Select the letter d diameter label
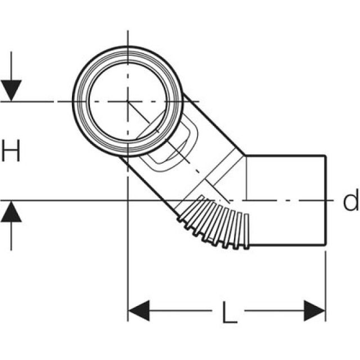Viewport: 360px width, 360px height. [350, 201]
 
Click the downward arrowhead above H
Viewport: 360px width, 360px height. [11, 91]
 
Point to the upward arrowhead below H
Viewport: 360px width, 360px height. [11, 211]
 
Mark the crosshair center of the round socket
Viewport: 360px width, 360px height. [128, 102]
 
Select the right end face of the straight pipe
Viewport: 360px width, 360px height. [326, 200]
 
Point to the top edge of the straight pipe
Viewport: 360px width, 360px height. [287, 155]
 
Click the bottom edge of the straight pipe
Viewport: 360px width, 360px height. [287, 246]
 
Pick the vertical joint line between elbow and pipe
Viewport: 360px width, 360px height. [246, 180]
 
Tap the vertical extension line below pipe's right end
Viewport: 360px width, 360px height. [326, 281]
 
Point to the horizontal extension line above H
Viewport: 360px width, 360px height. [34, 102]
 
